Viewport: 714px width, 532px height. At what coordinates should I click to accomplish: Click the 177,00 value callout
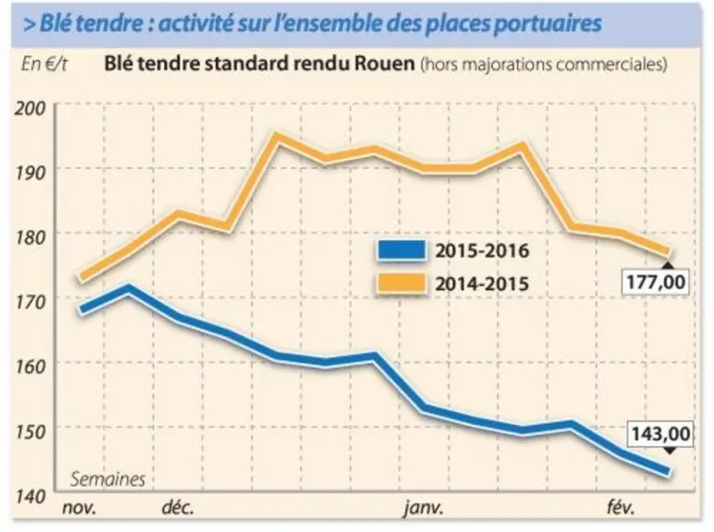click(x=655, y=283)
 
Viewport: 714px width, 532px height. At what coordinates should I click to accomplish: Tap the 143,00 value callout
click(x=660, y=433)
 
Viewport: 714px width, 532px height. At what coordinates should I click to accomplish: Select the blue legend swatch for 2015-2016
click(x=401, y=250)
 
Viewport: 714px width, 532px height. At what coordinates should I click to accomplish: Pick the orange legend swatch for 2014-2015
click(x=401, y=284)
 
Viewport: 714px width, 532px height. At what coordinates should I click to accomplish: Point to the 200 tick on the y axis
click(x=30, y=108)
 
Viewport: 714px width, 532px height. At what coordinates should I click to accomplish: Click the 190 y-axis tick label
click(x=30, y=174)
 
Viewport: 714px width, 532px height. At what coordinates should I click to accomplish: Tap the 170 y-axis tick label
click(x=30, y=302)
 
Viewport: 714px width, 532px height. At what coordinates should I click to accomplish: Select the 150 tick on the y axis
click(x=30, y=431)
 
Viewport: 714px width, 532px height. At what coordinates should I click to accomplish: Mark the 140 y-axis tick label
click(x=30, y=496)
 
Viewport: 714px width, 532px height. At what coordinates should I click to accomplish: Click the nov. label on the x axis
click(x=79, y=508)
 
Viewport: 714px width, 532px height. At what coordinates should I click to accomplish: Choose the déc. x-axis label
click(x=178, y=507)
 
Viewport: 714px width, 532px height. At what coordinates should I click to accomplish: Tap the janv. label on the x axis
click(x=423, y=508)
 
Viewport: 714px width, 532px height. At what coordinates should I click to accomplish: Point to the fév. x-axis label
click(x=620, y=507)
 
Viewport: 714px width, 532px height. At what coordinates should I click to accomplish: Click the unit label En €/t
click(x=44, y=65)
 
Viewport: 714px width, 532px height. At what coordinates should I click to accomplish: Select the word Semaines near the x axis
click(x=108, y=479)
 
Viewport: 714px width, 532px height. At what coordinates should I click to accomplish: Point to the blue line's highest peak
click(x=128, y=288)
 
